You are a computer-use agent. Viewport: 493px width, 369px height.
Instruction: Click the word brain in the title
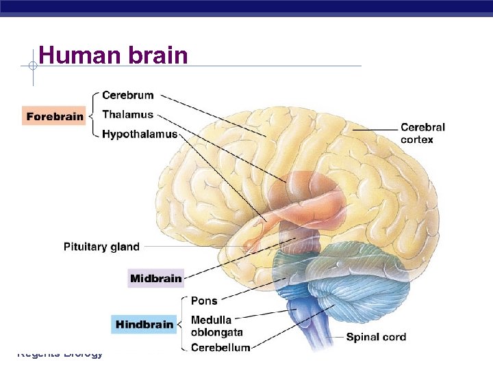pos(157,55)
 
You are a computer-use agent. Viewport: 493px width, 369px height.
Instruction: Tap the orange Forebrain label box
pos(55,115)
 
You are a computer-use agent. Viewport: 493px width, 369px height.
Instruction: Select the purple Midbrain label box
pos(156,278)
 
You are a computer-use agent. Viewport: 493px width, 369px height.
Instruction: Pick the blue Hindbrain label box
pos(144,325)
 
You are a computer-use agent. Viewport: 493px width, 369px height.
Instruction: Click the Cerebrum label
pos(127,96)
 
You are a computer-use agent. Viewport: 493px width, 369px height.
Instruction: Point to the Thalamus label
pos(127,115)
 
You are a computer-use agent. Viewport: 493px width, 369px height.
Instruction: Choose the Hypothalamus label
pos(139,134)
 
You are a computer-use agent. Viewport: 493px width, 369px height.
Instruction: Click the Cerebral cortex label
pos(422,133)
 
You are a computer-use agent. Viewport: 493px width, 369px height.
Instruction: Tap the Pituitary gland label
pos(101,247)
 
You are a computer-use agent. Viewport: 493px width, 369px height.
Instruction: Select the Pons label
pos(204,301)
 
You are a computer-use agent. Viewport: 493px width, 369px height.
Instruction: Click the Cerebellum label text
pos(220,348)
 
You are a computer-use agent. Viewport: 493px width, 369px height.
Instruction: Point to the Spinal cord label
pos(376,337)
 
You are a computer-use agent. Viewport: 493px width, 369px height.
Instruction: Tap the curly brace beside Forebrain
pos(93,115)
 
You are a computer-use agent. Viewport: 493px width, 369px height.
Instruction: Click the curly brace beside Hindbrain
pos(181,324)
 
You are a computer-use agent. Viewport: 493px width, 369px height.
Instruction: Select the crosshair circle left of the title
pos(32,66)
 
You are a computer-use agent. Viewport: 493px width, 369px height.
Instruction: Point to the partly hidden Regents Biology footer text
pos(60,354)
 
